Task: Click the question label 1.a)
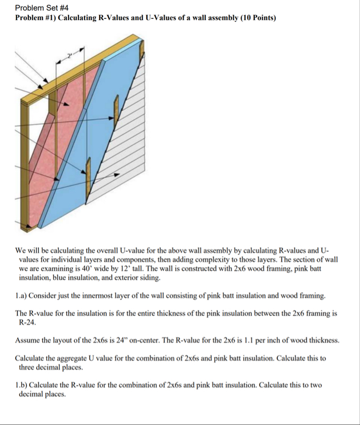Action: pyautogui.click(x=23, y=295)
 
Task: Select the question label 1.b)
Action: pyautogui.click(x=23, y=385)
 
